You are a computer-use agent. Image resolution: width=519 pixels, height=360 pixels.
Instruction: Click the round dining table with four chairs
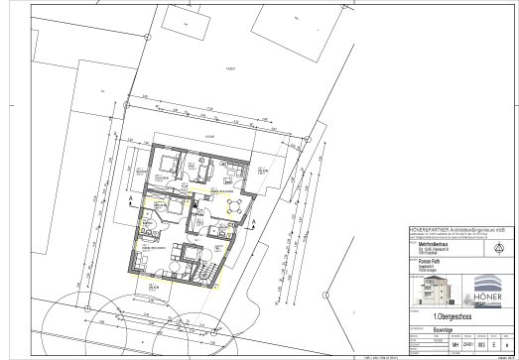236,206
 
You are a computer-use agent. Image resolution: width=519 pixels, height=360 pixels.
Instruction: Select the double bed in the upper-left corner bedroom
164,165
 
